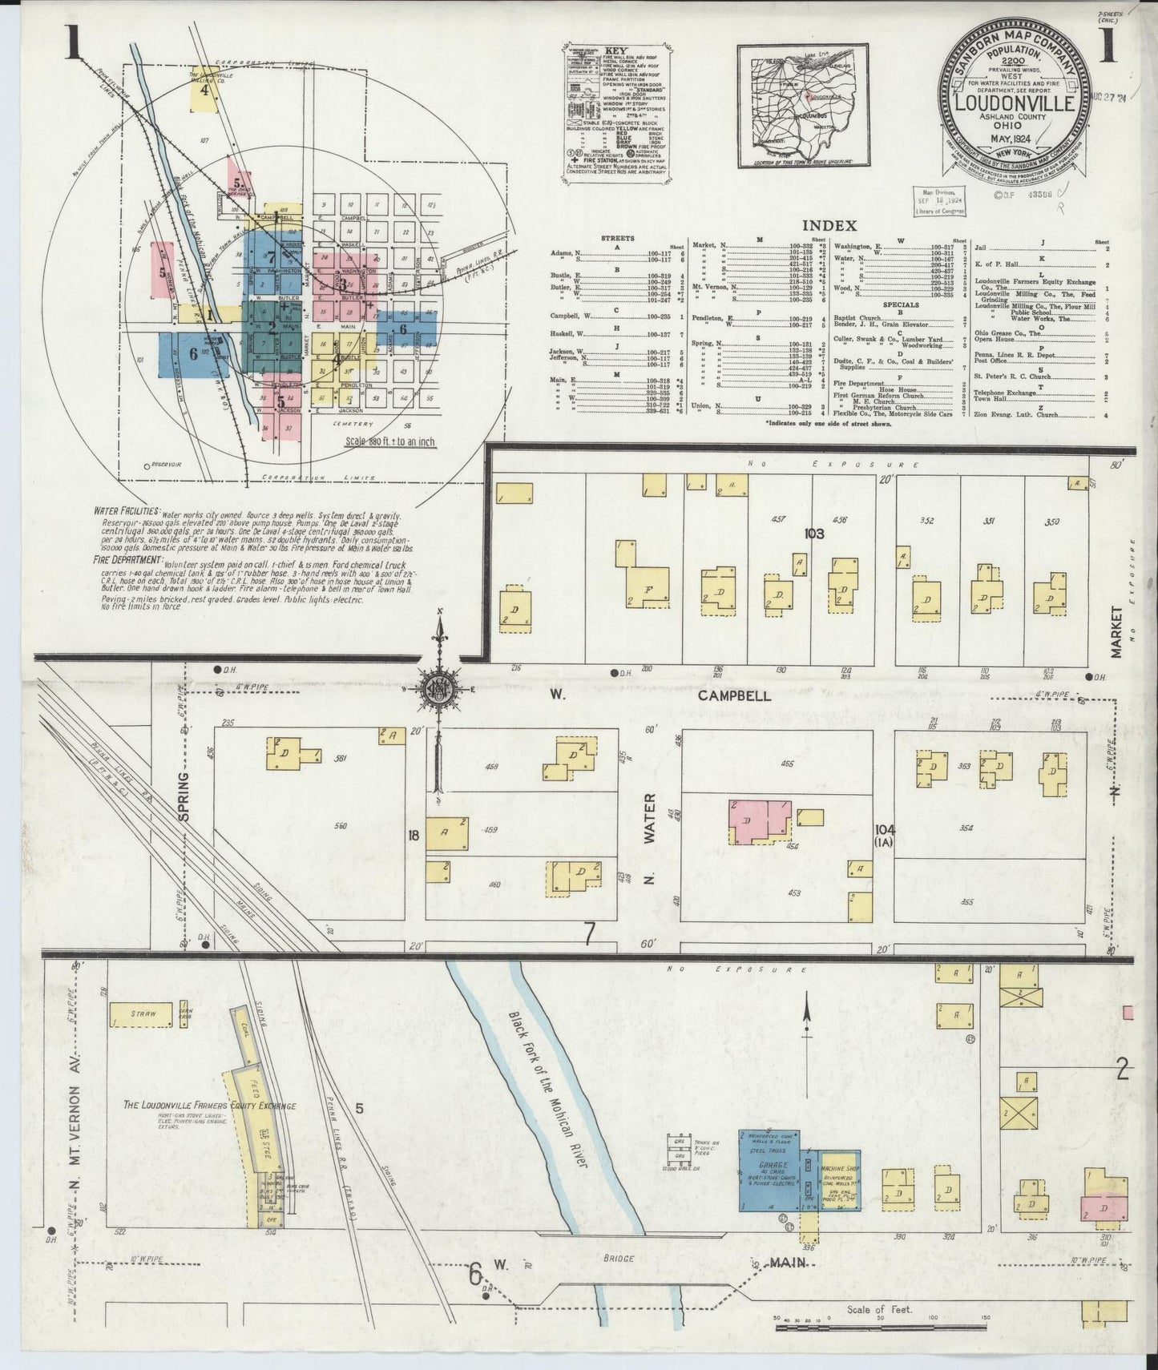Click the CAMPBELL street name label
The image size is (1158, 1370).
pyautogui.click(x=733, y=695)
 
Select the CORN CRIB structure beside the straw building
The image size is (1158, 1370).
pyautogui.click(x=186, y=1013)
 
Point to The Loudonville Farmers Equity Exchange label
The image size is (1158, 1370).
pyautogui.click(x=209, y=1106)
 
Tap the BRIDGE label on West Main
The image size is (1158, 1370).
pyautogui.click(x=620, y=1258)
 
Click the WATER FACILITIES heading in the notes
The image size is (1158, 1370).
pyautogui.click(x=127, y=510)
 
